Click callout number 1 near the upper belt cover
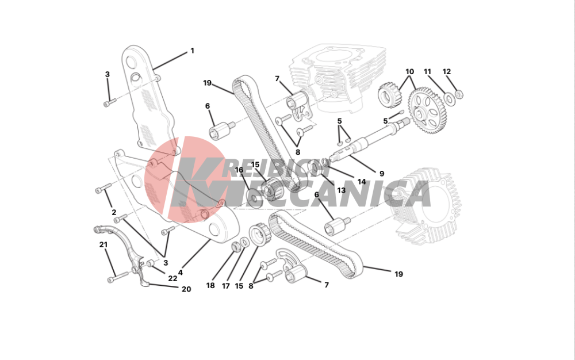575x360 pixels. pyautogui.click(x=192, y=51)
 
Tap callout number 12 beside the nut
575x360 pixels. pyautogui.click(x=447, y=72)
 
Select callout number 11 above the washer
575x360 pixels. pyautogui.click(x=428, y=72)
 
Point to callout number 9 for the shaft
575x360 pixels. pyautogui.click(x=382, y=174)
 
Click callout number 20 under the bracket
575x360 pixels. pyautogui.click(x=186, y=289)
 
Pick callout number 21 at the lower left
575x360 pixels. pyautogui.click(x=103, y=244)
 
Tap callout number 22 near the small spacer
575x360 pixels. pyautogui.click(x=172, y=278)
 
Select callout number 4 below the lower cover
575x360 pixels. pyautogui.click(x=181, y=273)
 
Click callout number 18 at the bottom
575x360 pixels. pyautogui.click(x=210, y=285)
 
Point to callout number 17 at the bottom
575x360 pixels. pyautogui.click(x=225, y=286)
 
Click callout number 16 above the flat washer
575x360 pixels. pyautogui.click(x=239, y=170)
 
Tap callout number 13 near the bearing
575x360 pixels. pyautogui.click(x=342, y=190)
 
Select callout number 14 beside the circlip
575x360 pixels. pyautogui.click(x=362, y=182)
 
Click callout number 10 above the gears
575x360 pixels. pyautogui.click(x=409, y=72)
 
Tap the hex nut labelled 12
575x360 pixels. pyautogui.click(x=459, y=94)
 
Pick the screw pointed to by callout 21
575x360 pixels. pyautogui.click(x=118, y=277)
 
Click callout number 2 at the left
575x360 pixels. pyautogui.click(x=114, y=212)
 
